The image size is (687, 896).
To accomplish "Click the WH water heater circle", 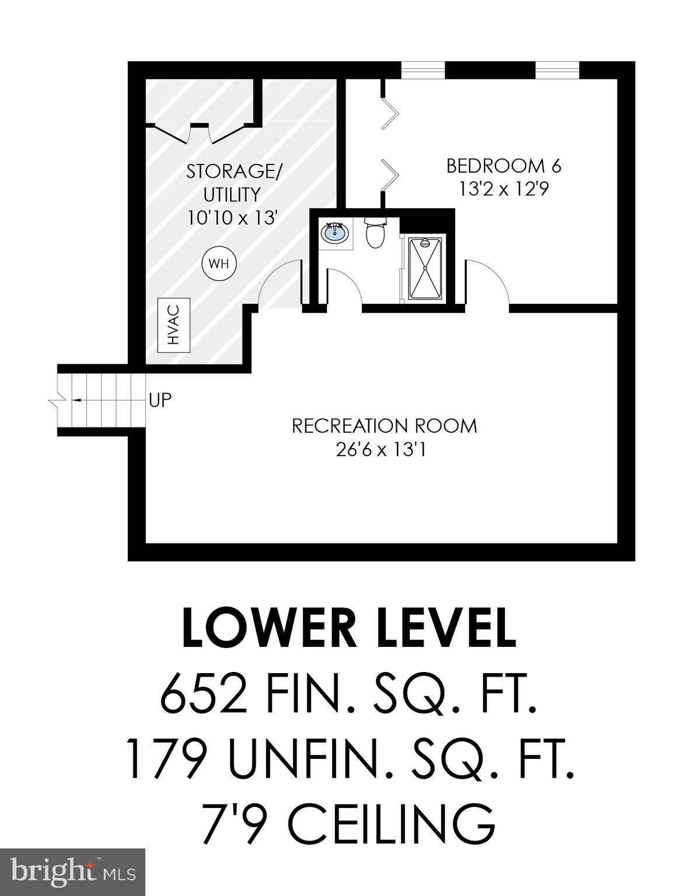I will click(219, 264).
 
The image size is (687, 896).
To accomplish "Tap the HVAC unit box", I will click(174, 325).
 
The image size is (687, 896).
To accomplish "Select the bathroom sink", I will click(335, 233).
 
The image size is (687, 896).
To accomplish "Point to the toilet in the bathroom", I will click(375, 233).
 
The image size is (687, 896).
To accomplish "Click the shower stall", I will click(424, 268).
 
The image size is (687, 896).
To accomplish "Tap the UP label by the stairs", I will click(160, 401).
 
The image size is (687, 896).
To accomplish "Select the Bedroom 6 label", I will click(503, 166).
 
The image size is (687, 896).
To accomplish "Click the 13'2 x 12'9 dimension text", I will click(503, 190).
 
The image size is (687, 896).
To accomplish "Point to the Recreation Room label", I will click(384, 426).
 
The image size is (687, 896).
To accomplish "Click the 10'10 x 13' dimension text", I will click(232, 218).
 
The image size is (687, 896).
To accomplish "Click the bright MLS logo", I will click(72, 871).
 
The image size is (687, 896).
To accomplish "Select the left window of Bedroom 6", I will click(423, 69).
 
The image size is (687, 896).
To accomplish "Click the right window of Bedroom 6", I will click(557, 69).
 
